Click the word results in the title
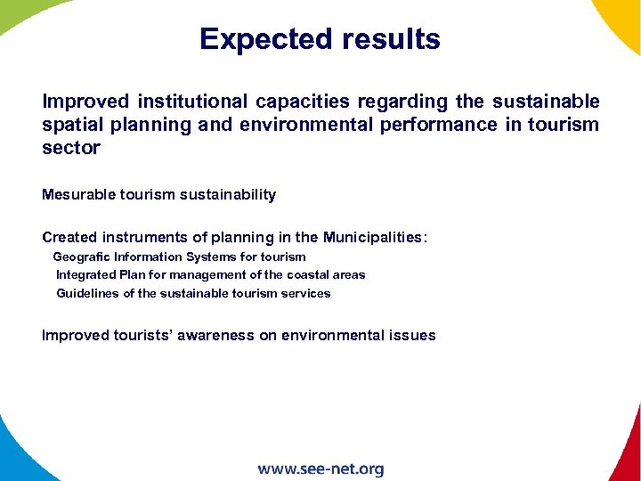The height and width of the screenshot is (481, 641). (x=389, y=40)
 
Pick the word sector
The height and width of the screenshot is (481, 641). (x=71, y=148)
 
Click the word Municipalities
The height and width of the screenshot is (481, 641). (x=374, y=237)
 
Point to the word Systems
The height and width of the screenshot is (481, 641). (x=212, y=257)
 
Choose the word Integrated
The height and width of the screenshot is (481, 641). (x=85, y=274)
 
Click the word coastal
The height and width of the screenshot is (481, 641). (x=306, y=274)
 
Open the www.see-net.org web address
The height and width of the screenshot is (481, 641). (x=320, y=469)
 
